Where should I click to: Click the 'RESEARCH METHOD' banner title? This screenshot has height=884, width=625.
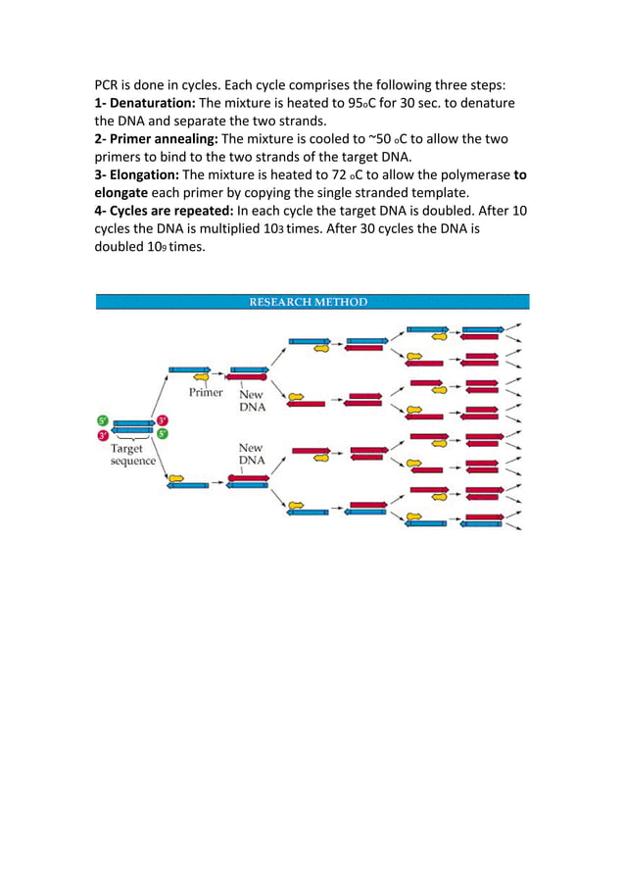[308, 302]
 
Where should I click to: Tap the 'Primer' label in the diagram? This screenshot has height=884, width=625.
[207, 392]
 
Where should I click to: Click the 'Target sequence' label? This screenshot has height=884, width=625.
[132, 456]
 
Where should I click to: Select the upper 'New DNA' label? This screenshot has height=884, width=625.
[252, 401]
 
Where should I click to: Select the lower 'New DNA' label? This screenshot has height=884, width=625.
[252, 455]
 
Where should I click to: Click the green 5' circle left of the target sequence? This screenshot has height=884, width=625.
[102, 421]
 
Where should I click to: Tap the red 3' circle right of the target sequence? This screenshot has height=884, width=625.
[163, 421]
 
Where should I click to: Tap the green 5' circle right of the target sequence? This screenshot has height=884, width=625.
[163, 434]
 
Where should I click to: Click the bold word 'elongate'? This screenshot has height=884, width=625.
[125, 193]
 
